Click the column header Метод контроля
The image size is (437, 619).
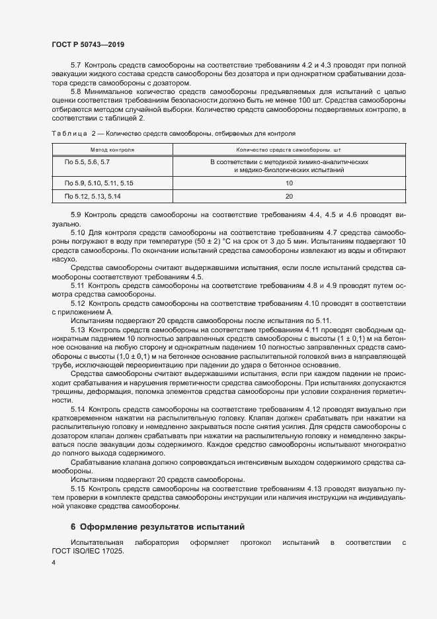point(112,150)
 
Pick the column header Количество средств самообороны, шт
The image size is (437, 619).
point(288,150)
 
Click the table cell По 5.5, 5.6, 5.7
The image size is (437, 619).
point(87,162)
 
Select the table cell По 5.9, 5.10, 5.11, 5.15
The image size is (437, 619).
point(99,183)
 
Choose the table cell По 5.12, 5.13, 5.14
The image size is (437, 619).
point(93,197)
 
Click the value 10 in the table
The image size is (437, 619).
point(289,183)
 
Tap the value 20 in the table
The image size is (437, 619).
point(289,197)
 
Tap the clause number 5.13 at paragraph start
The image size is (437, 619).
point(79,329)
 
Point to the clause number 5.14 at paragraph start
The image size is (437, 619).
point(79,410)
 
